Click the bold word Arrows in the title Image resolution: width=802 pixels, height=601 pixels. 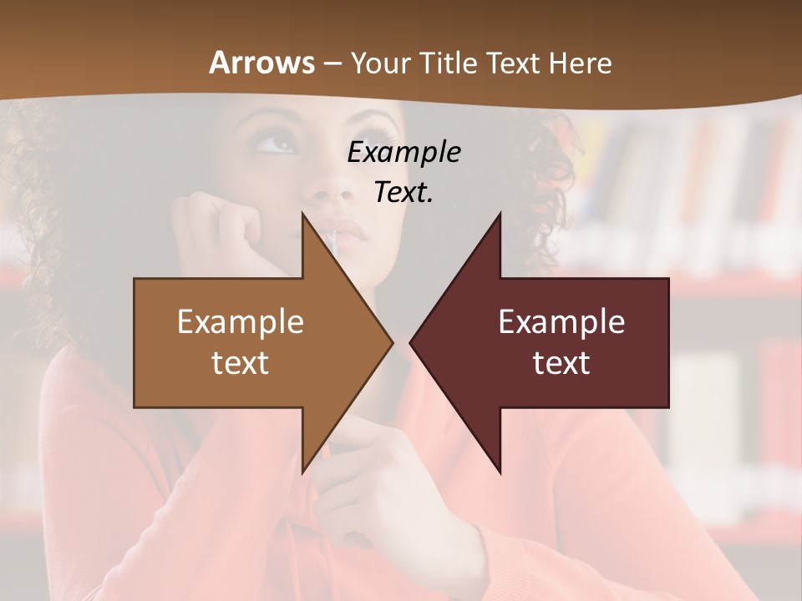coord(261,63)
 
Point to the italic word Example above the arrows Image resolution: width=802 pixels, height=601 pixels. coord(404,152)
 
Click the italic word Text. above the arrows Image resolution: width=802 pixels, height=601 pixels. coord(404,192)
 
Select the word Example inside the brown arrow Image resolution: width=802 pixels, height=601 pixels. coord(241,322)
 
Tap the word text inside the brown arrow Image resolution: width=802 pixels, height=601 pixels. coord(241,363)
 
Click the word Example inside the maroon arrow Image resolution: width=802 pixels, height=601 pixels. coord(561,322)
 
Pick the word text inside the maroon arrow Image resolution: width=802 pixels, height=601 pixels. coord(561,363)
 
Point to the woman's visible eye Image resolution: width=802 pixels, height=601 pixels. coord(278,144)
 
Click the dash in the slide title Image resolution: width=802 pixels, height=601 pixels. coord(332,64)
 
